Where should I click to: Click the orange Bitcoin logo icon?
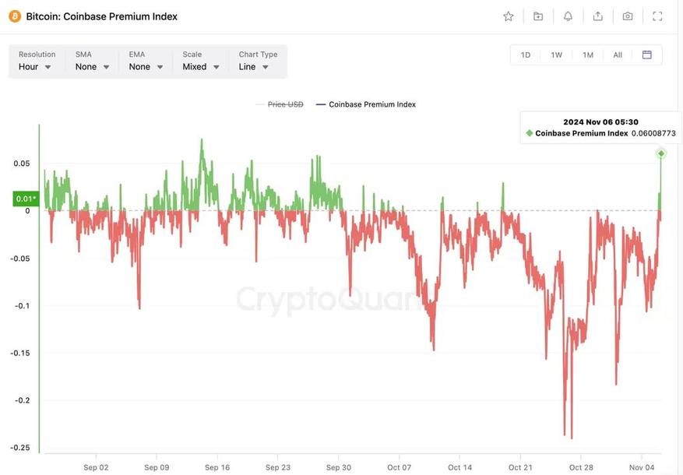pos(15,16)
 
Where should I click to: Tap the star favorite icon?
pos(509,16)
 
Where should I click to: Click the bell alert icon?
pos(568,16)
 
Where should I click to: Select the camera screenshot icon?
pos(628,16)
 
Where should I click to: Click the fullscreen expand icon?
pos(657,16)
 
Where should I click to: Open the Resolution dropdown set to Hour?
pos(36,67)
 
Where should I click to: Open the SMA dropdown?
pos(93,67)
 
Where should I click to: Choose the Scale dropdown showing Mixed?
pos(201,67)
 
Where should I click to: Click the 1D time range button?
pos(526,55)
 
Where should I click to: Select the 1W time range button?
pos(556,55)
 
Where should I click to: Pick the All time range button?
pos(618,55)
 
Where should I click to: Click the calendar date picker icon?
pos(646,55)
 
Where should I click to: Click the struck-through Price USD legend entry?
pos(285,104)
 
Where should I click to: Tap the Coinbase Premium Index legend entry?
pos(372,104)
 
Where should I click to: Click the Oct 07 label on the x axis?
pos(399,467)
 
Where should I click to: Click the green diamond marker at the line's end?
pos(661,153)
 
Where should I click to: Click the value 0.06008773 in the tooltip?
pos(653,133)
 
